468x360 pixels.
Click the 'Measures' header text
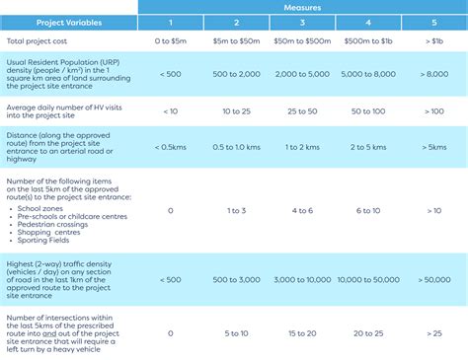coord(301,6)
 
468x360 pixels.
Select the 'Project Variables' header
coord(70,21)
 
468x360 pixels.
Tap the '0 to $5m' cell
coord(171,42)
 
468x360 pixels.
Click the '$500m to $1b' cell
coord(368,42)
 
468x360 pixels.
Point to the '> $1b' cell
coord(433,42)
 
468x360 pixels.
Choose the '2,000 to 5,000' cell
coord(303,75)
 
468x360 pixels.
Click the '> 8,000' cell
coord(433,75)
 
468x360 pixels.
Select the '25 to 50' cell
coord(303,111)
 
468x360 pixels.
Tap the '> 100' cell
coord(433,111)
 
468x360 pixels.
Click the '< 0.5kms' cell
coord(171,147)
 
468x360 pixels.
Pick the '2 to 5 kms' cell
coord(368,147)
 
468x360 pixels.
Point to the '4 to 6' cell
coord(303,210)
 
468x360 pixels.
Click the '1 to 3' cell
coord(237,210)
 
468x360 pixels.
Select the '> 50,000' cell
coord(433,279)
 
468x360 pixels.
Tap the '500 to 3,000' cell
coord(237,279)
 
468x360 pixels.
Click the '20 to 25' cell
coord(368,333)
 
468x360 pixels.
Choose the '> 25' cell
coord(433,333)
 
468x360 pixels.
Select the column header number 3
coord(303,21)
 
